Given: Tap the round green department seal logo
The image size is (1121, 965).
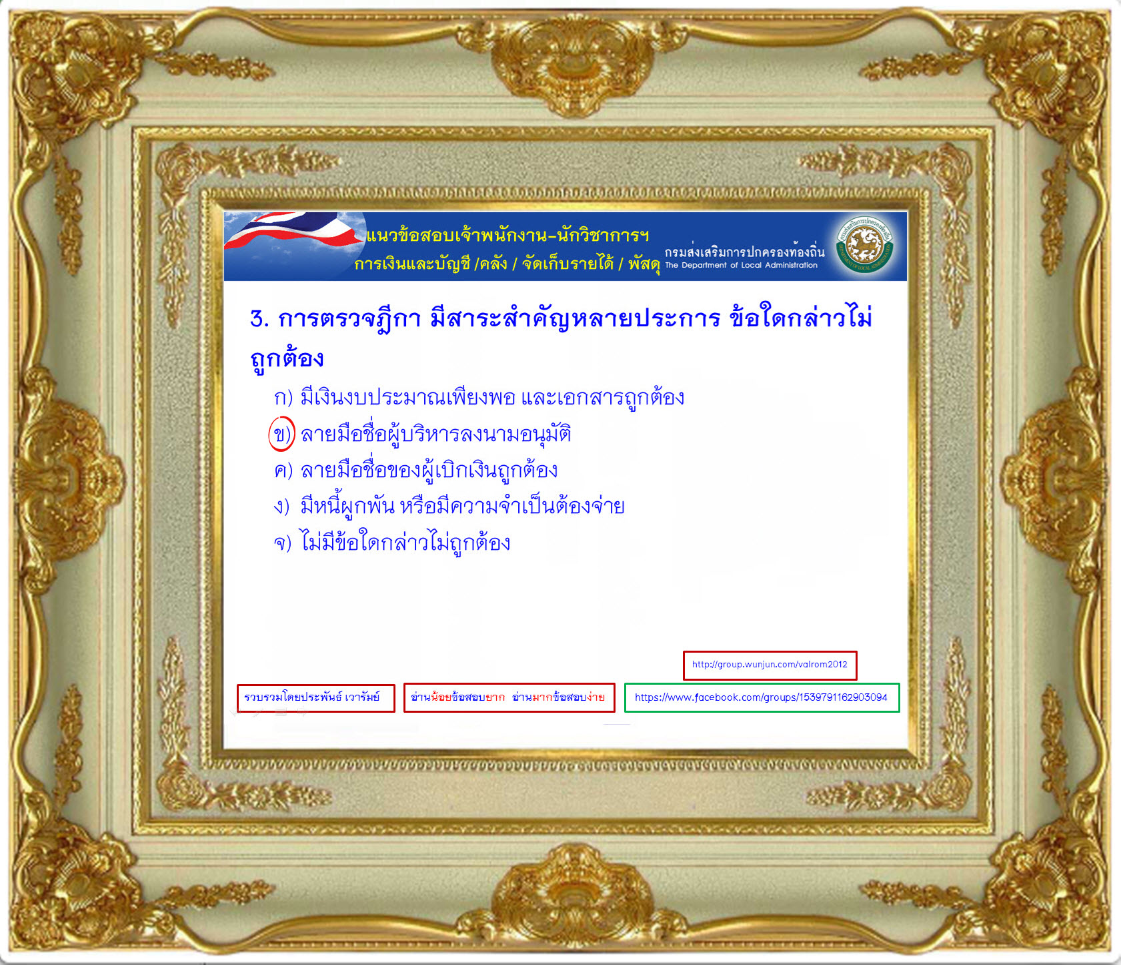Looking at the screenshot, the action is [865, 246].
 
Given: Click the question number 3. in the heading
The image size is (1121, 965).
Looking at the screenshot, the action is [259, 319].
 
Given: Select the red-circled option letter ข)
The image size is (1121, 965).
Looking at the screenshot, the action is [281, 434].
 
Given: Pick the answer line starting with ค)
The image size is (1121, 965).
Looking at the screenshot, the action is [415, 470].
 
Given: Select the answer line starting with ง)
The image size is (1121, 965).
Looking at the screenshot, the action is [449, 507].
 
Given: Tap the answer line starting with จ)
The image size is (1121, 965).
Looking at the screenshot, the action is [392, 543].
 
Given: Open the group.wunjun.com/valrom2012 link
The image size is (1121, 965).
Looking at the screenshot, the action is [770, 665].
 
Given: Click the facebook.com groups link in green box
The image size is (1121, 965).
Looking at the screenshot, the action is [762, 697].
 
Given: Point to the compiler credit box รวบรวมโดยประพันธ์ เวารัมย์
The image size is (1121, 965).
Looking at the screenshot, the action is [316, 698].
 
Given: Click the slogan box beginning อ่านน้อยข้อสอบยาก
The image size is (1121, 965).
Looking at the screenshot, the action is [509, 697].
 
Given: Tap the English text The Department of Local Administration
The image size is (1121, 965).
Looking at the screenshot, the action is [741, 265].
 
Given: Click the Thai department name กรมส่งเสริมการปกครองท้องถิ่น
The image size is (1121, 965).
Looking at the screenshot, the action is [744, 252].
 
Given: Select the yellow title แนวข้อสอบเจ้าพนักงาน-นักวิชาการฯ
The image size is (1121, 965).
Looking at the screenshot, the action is [507, 235].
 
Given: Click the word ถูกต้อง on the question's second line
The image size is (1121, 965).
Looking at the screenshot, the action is [287, 359].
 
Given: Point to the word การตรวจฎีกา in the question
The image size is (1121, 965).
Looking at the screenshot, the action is [349, 318].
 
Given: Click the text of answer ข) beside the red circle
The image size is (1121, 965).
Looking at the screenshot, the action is [436, 434].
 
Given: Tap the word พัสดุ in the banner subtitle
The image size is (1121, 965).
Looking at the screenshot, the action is [644, 264].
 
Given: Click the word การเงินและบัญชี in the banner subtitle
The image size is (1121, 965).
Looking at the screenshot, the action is [412, 264].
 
